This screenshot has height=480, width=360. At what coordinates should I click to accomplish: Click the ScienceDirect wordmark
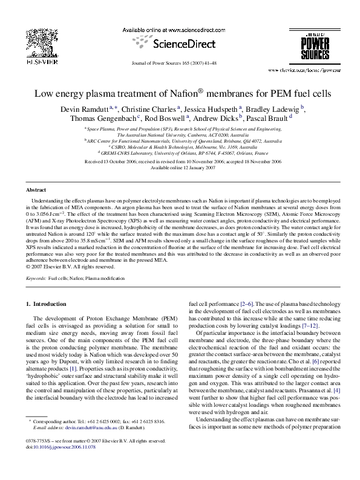pos(179,44)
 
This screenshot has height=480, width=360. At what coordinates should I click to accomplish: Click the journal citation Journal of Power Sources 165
pos(179,62)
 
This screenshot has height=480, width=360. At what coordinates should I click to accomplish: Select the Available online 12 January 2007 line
pos(180,168)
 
